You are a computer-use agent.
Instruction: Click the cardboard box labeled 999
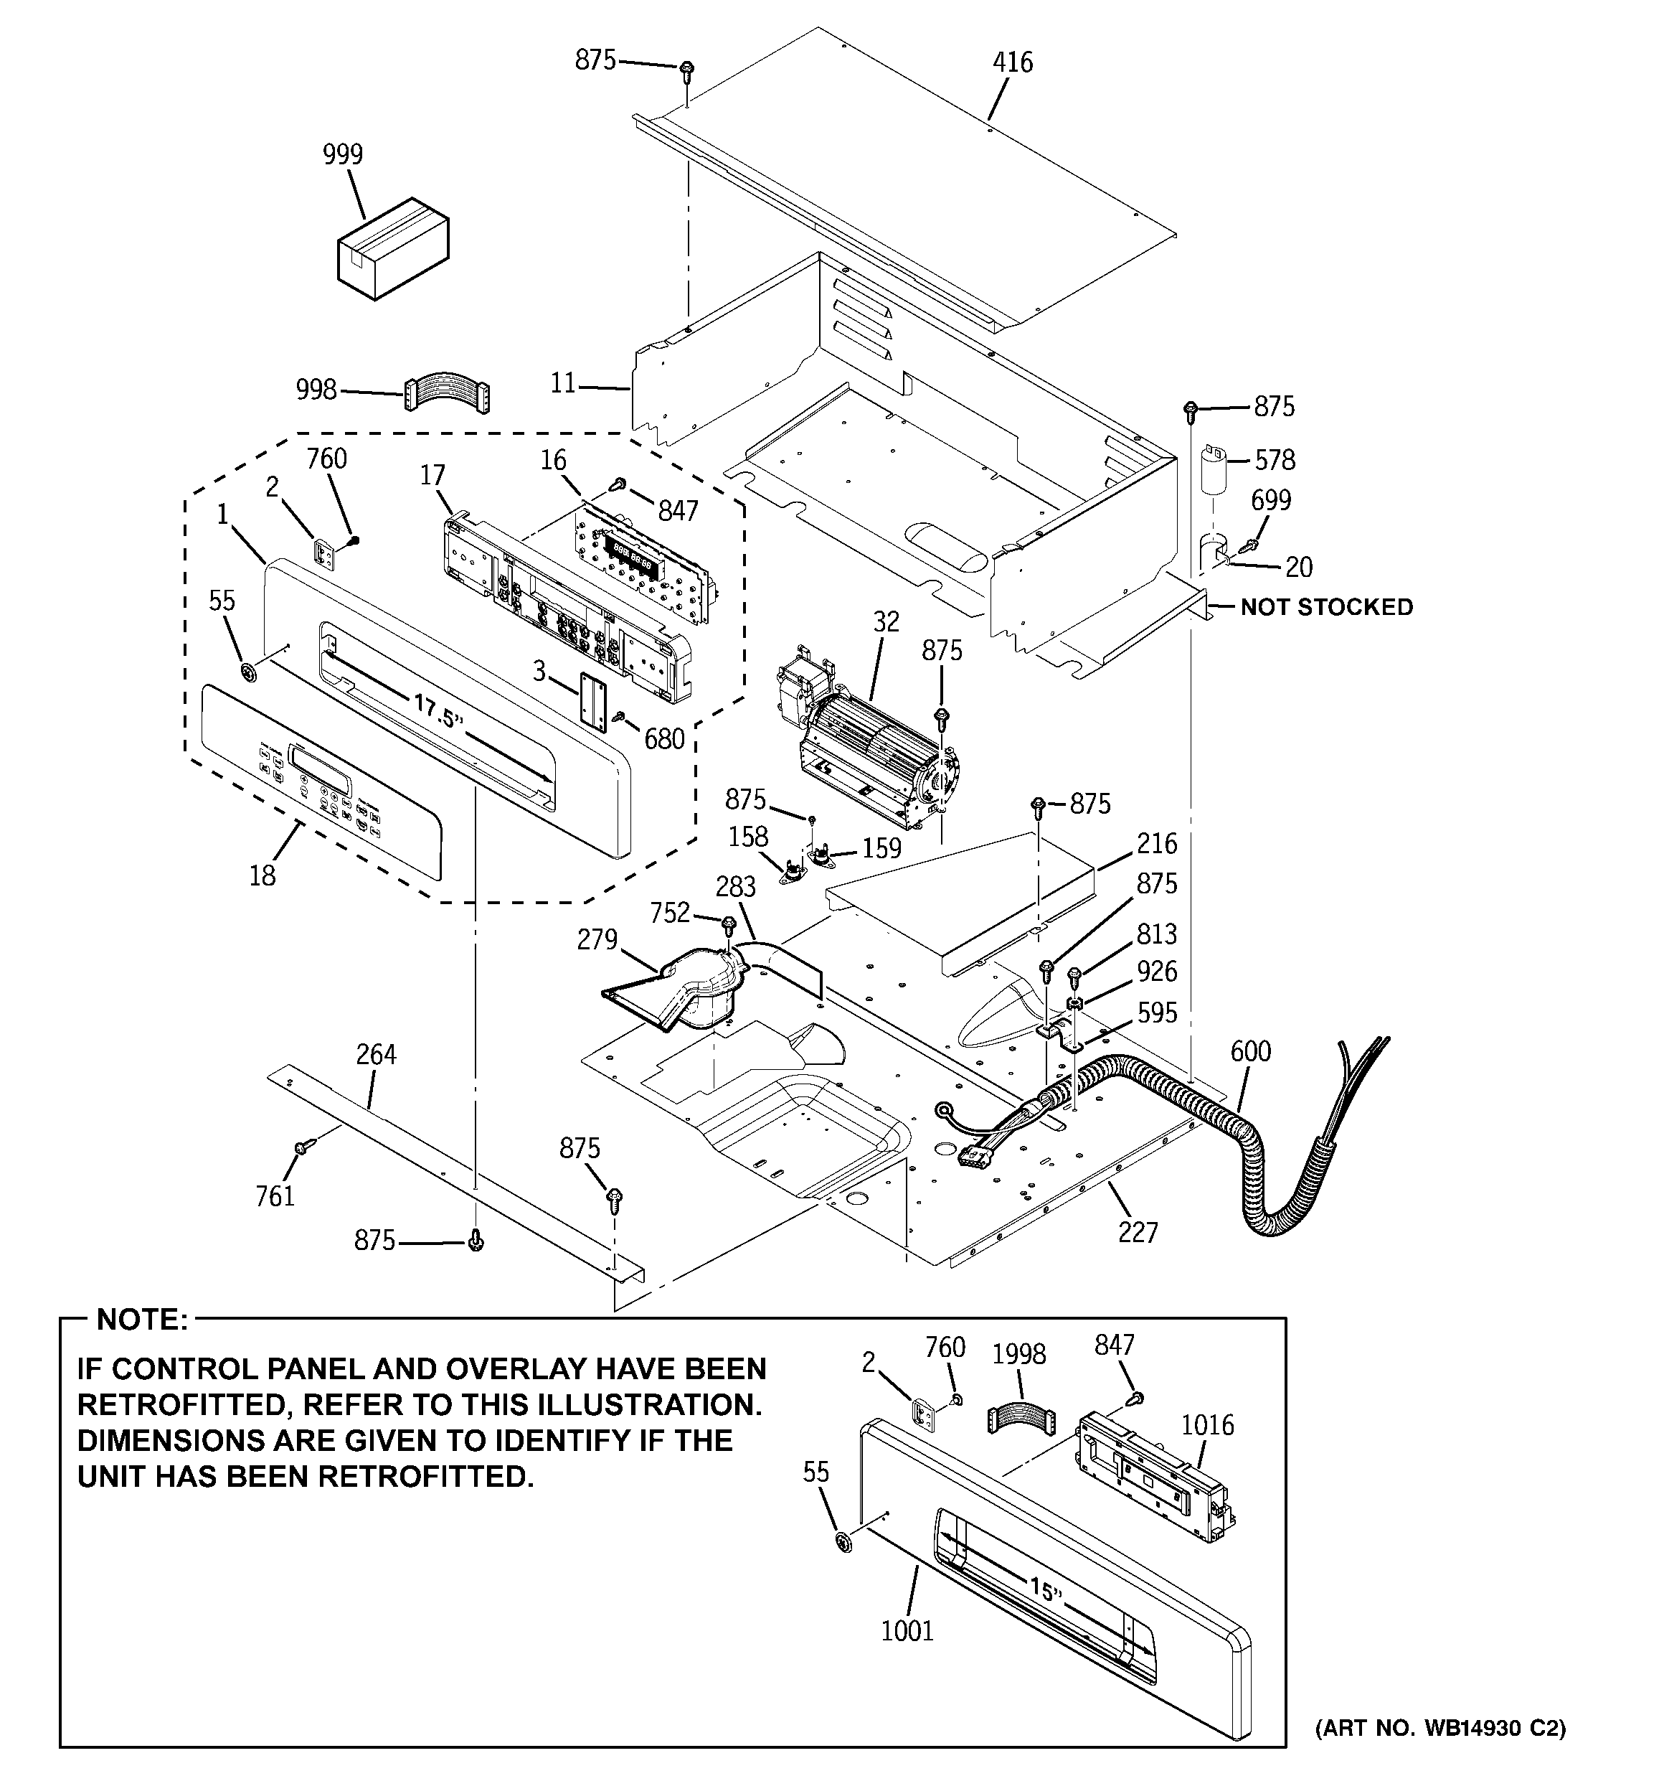(393, 248)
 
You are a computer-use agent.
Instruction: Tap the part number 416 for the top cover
(1012, 62)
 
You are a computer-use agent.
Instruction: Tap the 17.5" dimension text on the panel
(438, 712)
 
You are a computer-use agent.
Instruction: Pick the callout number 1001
(907, 1630)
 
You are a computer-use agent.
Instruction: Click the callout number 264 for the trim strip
(376, 1054)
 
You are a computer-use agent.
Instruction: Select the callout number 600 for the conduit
(1249, 1051)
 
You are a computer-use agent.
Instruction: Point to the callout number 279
(597, 940)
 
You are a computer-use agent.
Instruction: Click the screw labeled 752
(728, 922)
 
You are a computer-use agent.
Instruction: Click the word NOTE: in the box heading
(143, 1320)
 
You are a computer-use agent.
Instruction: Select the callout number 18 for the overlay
(262, 875)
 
